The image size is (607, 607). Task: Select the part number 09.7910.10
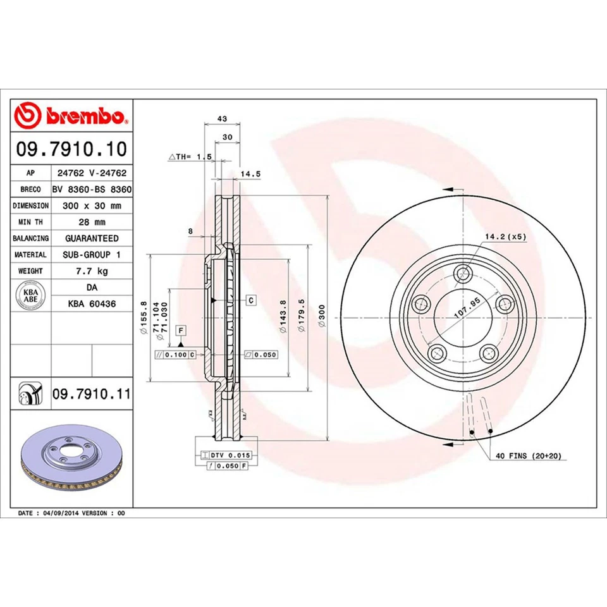pos(71,149)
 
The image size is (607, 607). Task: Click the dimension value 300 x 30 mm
pos(92,205)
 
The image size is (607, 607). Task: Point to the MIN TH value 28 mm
pos(92,222)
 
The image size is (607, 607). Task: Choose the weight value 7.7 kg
pos(92,271)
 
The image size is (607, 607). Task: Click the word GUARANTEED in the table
pos(92,238)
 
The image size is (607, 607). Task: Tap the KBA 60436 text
pos(92,304)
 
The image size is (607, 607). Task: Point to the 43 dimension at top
pos(221,118)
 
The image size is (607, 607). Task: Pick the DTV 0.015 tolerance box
pos(231,455)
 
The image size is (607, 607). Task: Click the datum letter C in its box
pos(251,300)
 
